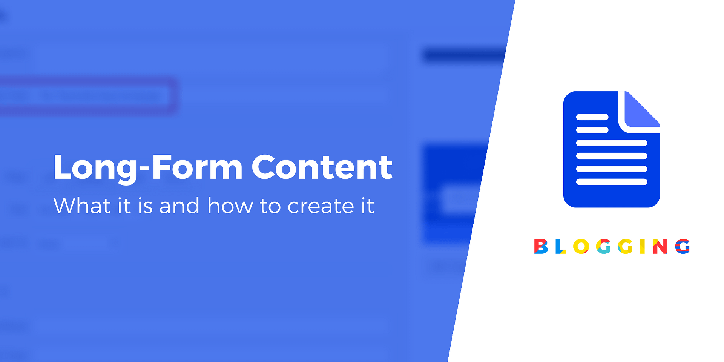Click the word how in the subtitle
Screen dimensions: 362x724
coord(230,206)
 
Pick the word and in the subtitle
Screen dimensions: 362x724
coord(179,206)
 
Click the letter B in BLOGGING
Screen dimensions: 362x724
coord(541,247)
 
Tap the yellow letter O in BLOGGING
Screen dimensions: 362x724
coord(581,247)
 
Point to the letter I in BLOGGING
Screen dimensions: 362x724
coord(642,247)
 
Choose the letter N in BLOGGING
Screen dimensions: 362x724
coord(660,247)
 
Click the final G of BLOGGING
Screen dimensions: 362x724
coord(682,247)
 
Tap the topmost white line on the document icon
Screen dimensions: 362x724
coord(592,117)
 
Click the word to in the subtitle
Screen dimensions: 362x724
coord(270,206)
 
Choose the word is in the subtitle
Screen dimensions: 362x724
coord(145,206)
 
